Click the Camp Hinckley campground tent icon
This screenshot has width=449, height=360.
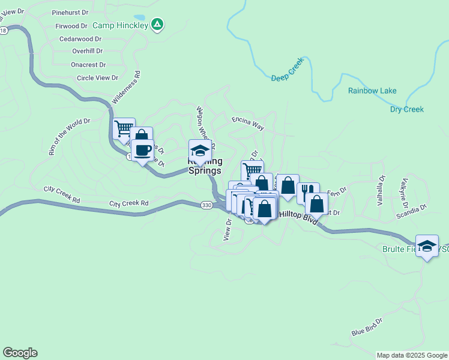coord(157,25)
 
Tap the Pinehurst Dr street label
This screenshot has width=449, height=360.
coord(70,13)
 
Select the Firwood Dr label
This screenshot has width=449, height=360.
coord(71,26)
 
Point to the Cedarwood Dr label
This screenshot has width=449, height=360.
coord(80,39)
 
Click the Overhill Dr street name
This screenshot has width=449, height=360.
coord(86,52)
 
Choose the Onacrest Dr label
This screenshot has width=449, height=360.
coord(88,65)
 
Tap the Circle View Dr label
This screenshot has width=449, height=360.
coord(97,78)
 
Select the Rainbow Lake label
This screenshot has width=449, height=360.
coord(372,91)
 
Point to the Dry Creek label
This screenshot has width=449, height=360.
coord(407,109)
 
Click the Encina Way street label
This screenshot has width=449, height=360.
coord(248,124)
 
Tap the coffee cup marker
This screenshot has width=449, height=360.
coord(142,151)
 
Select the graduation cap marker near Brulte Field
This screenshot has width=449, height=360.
coord(427,246)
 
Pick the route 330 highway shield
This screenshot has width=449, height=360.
coord(206,205)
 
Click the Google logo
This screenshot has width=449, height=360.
coord(20,353)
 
